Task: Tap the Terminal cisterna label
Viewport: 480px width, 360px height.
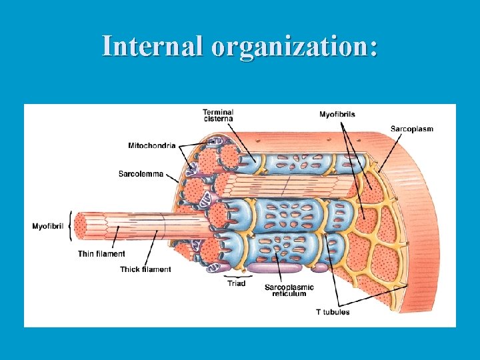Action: (x=218, y=115)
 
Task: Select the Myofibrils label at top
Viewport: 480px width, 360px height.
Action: (x=337, y=115)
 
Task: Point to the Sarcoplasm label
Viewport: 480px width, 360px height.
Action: (x=411, y=129)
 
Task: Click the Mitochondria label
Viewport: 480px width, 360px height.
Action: (x=152, y=145)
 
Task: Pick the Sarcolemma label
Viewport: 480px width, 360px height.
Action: (x=141, y=174)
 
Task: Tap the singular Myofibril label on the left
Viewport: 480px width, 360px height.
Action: (x=48, y=227)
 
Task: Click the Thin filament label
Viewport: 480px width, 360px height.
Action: (x=101, y=254)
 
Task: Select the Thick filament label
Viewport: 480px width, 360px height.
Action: (x=145, y=269)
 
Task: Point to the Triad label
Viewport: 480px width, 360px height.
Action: (x=236, y=283)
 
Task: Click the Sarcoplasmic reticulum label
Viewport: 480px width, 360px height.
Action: (x=289, y=290)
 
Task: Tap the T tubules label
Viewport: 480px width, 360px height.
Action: (x=333, y=312)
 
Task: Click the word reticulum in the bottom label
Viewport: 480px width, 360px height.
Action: (x=289, y=294)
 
